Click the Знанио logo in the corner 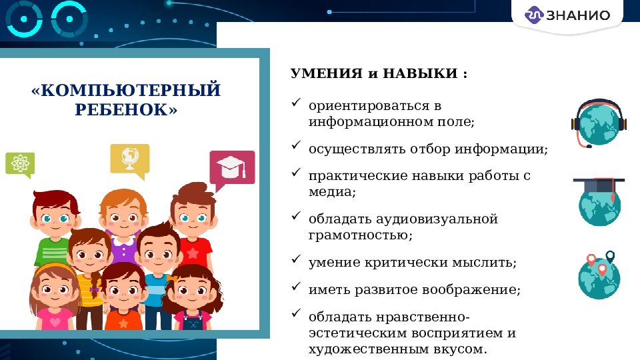568,15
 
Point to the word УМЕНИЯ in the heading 326,73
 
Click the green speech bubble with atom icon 20,163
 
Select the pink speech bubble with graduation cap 231,167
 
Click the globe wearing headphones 599,123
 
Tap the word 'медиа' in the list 331,191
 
